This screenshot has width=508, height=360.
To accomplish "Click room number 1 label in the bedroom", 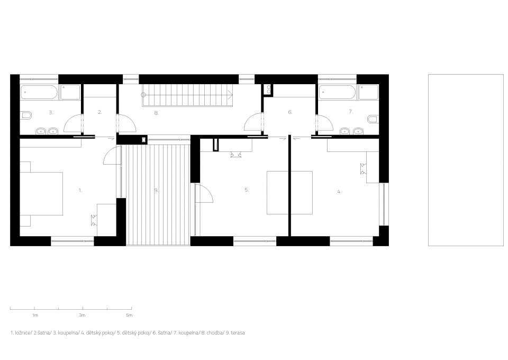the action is click(80, 191).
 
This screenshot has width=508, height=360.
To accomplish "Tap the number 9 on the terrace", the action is click(157, 191).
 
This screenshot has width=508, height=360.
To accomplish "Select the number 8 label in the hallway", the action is click(156, 113).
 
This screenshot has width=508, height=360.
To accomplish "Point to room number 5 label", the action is click(247, 190).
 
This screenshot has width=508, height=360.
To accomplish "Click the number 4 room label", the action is click(339, 192).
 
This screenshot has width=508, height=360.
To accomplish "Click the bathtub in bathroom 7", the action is click(338, 92).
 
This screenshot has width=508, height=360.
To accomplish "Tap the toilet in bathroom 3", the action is click(26, 115).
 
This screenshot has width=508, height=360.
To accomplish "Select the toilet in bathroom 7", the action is click(373, 119).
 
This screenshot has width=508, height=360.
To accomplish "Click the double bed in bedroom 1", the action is click(41, 193).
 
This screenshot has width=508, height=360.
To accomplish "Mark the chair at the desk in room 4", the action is click(363, 169).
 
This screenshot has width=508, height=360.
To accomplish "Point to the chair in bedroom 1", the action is click(94, 220).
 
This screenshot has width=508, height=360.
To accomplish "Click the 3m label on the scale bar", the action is click(82, 316).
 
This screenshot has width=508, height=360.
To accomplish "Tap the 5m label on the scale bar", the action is click(129, 316).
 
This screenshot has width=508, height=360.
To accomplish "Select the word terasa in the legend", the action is click(237, 333).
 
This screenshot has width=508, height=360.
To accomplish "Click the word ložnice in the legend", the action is click(23, 333).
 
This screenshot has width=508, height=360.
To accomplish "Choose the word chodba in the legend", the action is click(214, 333).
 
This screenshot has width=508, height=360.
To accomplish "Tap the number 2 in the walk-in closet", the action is click(100, 112).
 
